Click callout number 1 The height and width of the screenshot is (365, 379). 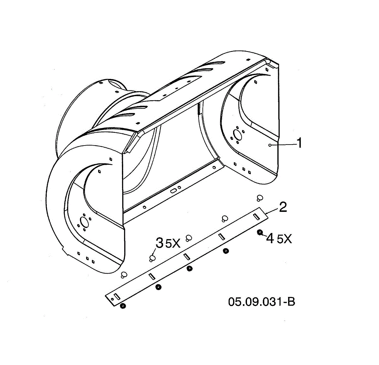point(299,143)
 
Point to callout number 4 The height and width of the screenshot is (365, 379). point(270,238)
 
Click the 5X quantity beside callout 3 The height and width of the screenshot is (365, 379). point(173,244)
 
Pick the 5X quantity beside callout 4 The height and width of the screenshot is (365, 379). point(285,239)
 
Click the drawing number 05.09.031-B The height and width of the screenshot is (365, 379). point(262,302)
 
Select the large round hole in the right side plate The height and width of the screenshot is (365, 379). point(237,135)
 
